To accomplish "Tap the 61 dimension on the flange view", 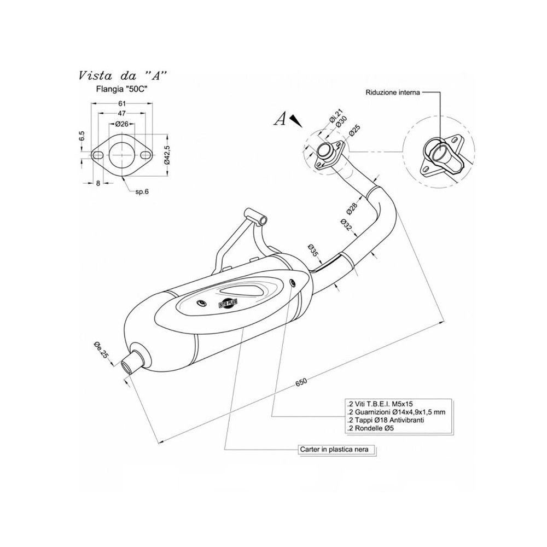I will click(x=122, y=104).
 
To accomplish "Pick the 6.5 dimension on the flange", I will click(x=81, y=136).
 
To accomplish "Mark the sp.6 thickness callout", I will click(x=143, y=191).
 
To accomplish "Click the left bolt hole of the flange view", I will click(x=99, y=155).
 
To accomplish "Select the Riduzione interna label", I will click(x=392, y=93).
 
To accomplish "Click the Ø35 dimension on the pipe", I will click(x=313, y=250).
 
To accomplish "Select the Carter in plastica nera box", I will click(x=337, y=449).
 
